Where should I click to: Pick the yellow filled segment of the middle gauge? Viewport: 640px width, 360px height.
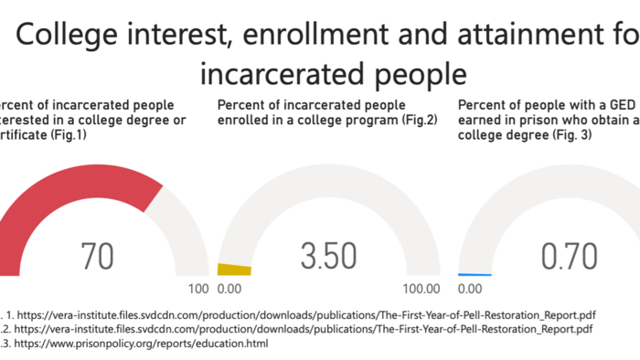[234, 270]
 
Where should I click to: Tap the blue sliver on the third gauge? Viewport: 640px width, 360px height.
[475, 275]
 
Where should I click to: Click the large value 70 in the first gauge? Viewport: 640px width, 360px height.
[97, 257]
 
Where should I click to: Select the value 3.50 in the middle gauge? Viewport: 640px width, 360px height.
[328, 257]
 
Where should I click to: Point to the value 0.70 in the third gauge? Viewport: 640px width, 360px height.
[569, 257]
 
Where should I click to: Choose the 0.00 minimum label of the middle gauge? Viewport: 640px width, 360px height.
[230, 290]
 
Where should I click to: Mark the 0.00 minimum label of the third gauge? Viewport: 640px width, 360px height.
[470, 290]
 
